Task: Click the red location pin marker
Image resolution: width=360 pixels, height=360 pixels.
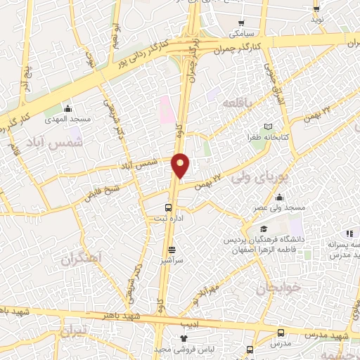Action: click(x=181, y=166)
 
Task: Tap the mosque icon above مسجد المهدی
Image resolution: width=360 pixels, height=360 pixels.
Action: click(x=67, y=108)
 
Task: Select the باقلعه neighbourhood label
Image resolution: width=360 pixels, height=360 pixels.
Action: click(x=237, y=103)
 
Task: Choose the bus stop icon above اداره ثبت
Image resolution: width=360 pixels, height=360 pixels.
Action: click(x=168, y=207)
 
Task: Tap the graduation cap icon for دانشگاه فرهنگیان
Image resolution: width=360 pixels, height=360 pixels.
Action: click(x=264, y=229)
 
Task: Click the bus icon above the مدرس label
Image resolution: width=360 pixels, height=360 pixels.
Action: click(x=281, y=333)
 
